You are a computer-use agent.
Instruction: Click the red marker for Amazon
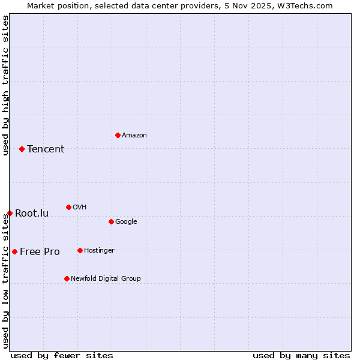coord(118,135)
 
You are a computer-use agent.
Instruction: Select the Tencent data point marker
coord(22,149)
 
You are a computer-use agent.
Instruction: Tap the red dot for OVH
coord(68,207)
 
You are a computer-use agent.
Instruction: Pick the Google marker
coord(111,221)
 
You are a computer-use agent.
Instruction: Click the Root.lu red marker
coord(10,213)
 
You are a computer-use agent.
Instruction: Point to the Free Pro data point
coord(14,251)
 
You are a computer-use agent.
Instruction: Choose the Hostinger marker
coord(80,250)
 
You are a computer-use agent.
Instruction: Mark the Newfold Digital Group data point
coord(67,278)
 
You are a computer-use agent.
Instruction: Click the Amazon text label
coord(134,136)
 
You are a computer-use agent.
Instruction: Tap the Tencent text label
coord(46,149)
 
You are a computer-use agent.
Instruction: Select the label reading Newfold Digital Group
coord(106,278)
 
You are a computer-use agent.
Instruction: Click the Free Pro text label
coord(40,252)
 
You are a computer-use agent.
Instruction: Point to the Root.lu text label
coord(32,214)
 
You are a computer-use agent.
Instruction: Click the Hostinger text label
coord(99,251)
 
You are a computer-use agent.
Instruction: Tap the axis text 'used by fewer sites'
coord(62,355)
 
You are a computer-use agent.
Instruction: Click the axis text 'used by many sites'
coord(301,355)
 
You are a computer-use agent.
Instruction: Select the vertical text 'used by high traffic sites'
coord(5,85)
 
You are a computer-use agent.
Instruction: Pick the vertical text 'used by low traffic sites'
coord(5,280)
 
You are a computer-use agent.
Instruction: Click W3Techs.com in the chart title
coord(305,5)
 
